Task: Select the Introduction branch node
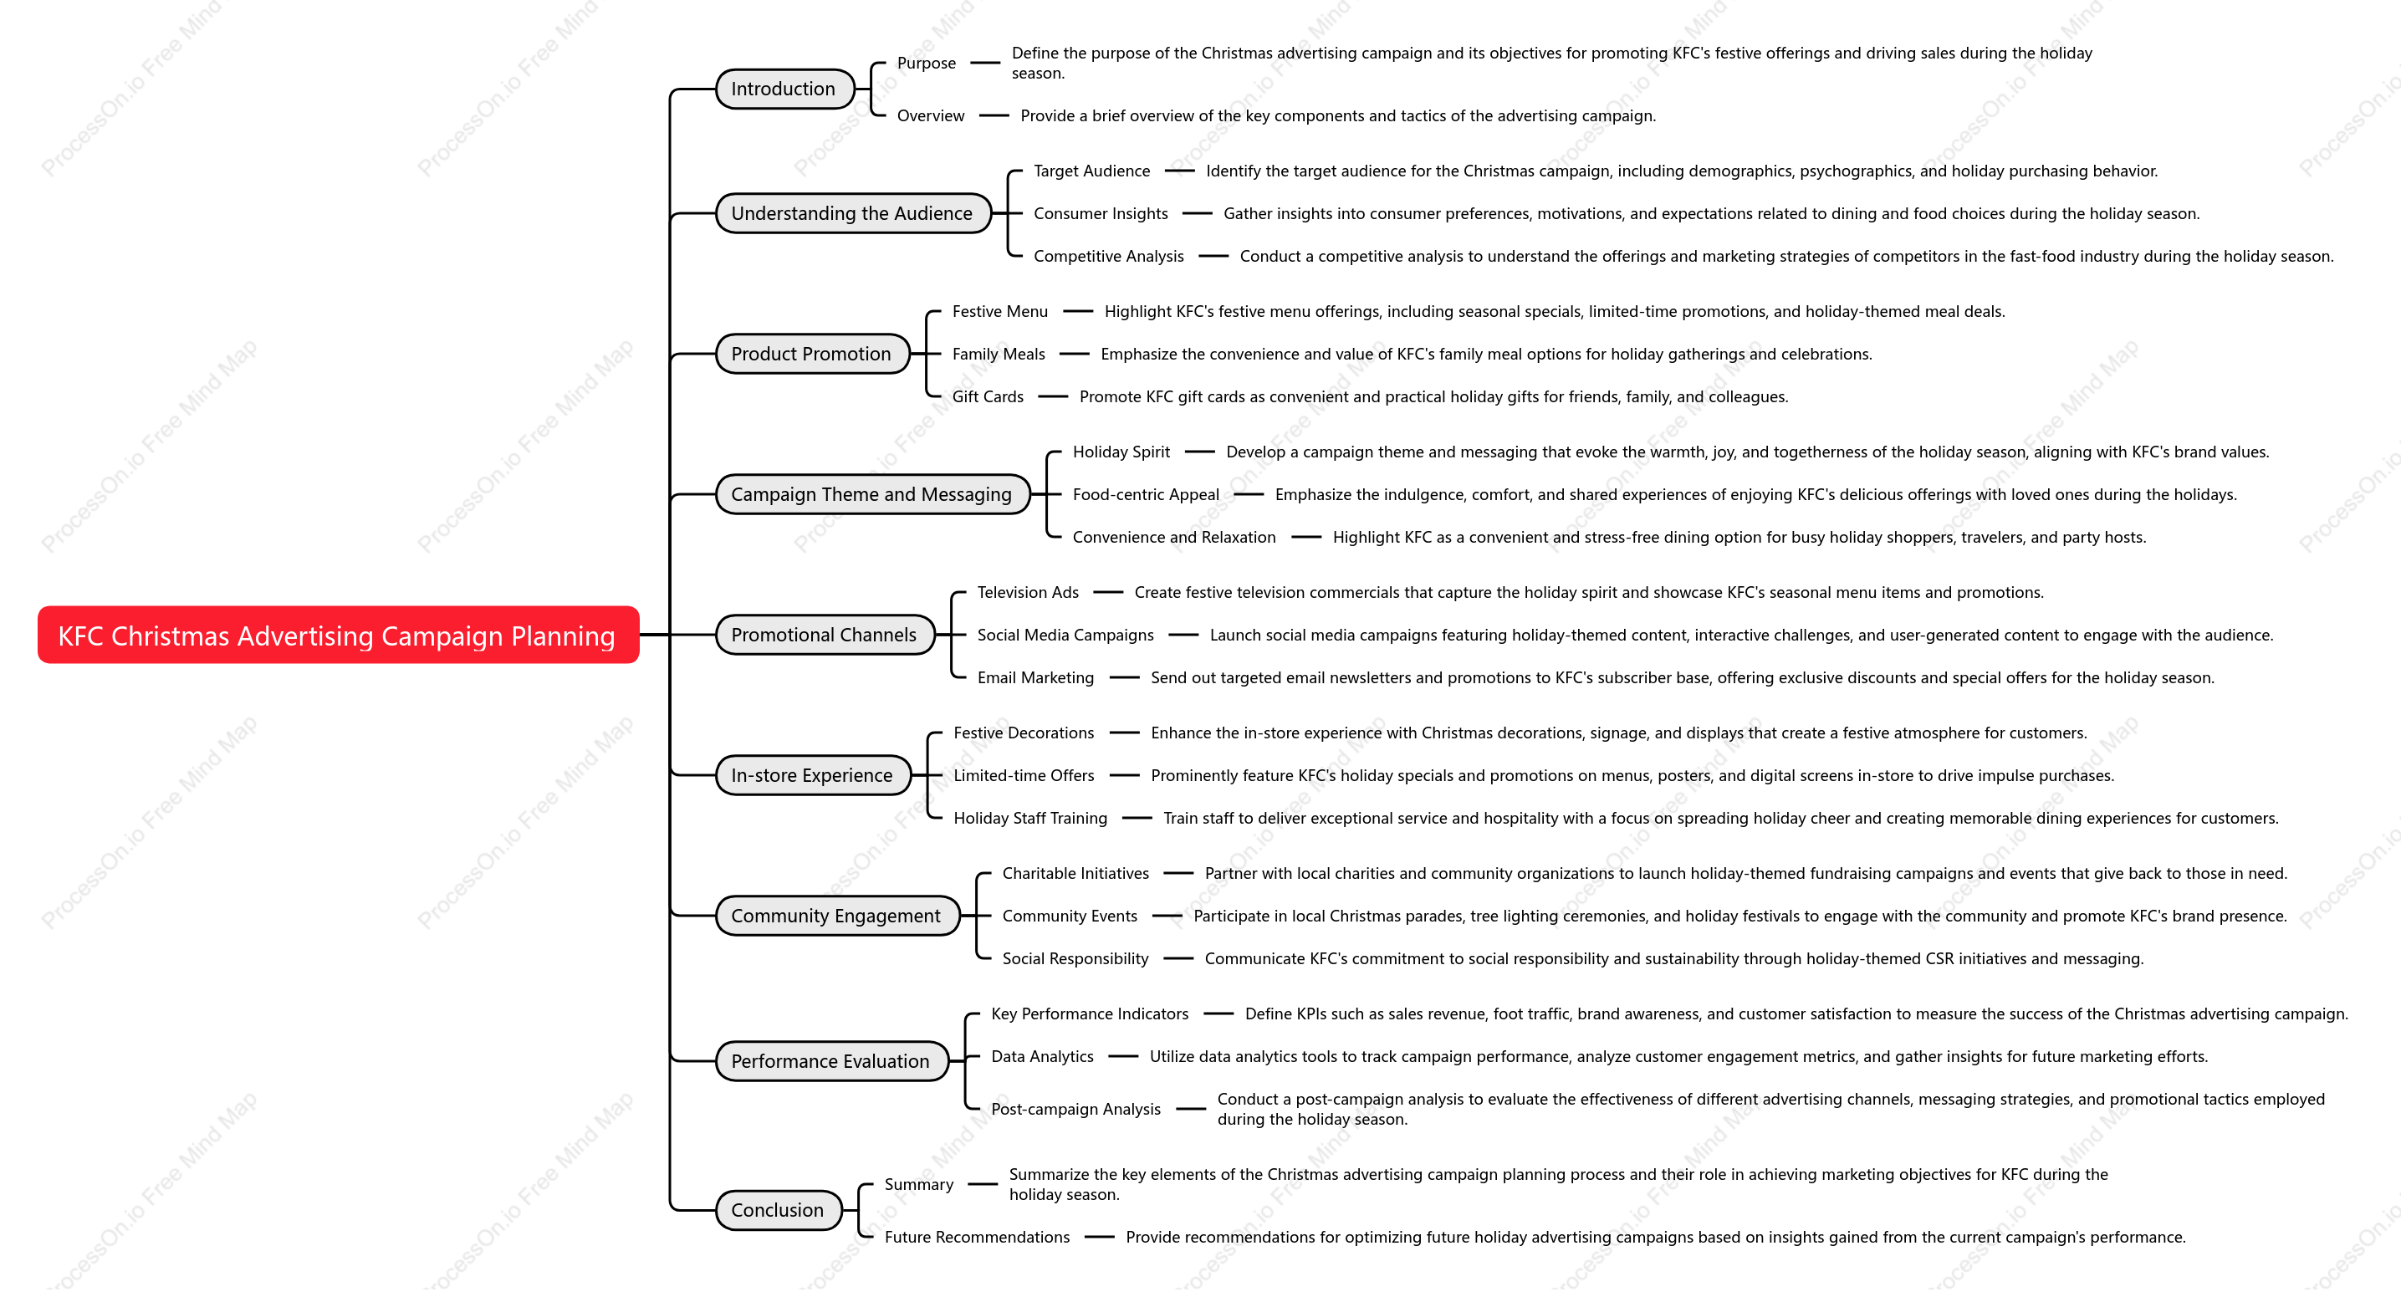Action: pyautogui.click(x=784, y=89)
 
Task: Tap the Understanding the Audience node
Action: pyautogui.click(x=852, y=213)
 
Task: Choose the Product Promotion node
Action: pyautogui.click(x=812, y=355)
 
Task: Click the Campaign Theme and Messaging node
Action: pyautogui.click(x=871, y=495)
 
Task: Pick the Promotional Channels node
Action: pyautogui.click(x=824, y=635)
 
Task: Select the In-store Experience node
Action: pyautogui.click(x=812, y=775)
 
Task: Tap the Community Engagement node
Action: pyautogui.click(x=836, y=917)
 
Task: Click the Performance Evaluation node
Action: pyautogui.click(x=830, y=1061)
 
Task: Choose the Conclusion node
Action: pyautogui.click(x=778, y=1211)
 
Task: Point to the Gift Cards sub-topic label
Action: pyautogui.click(x=988, y=397)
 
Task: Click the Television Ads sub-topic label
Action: pyautogui.click(x=1028, y=593)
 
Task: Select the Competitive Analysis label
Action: pyautogui.click(x=1109, y=256)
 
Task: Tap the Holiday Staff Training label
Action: pyautogui.click(x=1031, y=819)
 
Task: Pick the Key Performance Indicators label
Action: pyautogui.click(x=1091, y=1014)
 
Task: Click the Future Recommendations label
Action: pyautogui.click(x=978, y=1238)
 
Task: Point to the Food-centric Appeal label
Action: pyautogui.click(x=1147, y=495)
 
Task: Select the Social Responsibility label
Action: pyautogui.click(x=1075, y=959)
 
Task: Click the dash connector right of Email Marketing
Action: pyautogui.click(x=1125, y=677)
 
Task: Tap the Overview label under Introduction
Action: pyautogui.click(x=931, y=115)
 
